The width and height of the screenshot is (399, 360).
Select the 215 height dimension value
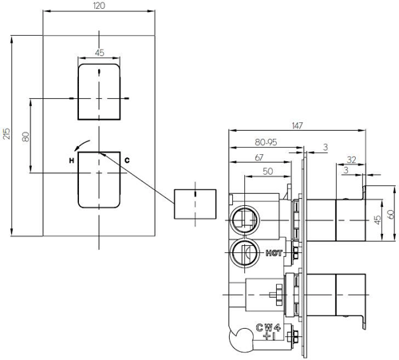click(7, 136)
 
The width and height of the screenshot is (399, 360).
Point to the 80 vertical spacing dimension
click(26, 136)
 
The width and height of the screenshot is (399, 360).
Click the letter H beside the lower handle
click(71, 161)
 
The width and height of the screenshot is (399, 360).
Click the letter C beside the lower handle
click(126, 161)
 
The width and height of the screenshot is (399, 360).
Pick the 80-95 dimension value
click(266, 142)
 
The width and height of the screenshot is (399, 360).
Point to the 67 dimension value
click(259, 158)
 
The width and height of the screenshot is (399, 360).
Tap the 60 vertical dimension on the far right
click(391, 214)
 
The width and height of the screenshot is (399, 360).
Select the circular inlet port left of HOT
click(242, 254)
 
